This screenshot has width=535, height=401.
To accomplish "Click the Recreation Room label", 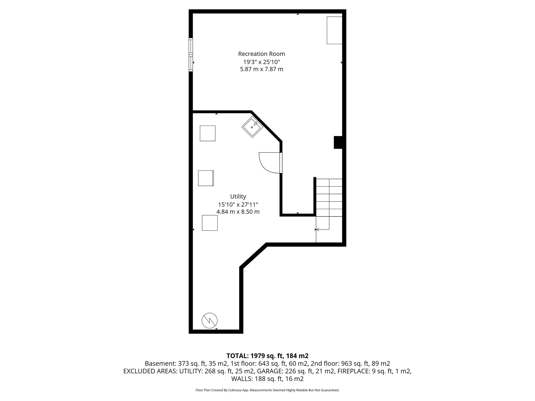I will pos(261,54).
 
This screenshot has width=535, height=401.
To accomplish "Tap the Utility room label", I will pos(238,196).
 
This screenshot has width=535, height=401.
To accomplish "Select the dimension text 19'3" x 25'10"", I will pos(261,62).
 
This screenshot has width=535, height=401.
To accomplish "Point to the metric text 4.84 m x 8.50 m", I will pos(238,212).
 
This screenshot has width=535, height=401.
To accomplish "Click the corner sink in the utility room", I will pos(252,127).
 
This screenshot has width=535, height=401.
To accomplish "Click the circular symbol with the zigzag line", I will pos(210,320).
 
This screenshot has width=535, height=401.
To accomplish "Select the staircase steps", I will pos(329,197).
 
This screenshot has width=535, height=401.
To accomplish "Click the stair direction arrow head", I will pos(317,229).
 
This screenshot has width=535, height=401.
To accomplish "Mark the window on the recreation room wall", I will pos(191,55).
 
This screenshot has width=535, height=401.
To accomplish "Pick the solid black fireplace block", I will pos(338,143).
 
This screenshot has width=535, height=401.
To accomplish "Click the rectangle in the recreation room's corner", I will pos(334,30).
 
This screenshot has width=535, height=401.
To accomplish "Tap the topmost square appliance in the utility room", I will pos(207,133).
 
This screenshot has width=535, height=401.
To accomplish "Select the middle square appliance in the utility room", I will pos(206,178).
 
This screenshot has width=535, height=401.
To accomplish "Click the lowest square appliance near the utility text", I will pos(210,223).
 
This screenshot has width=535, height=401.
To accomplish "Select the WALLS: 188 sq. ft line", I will pos(267,379).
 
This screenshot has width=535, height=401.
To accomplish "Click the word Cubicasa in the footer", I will pos(235,390).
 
